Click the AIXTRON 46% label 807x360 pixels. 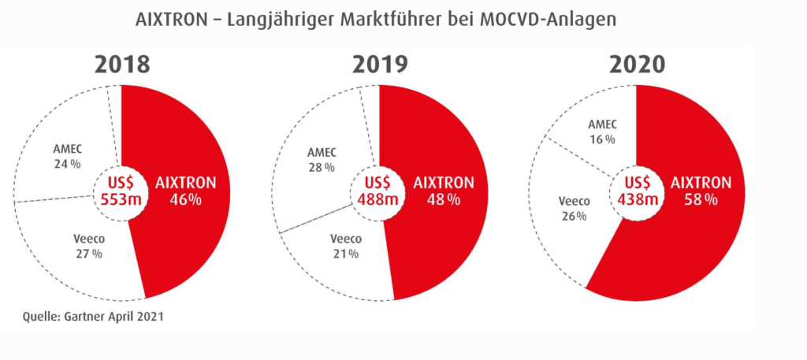click(186, 191)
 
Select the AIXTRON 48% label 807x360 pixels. click(444, 191)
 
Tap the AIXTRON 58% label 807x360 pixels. click(700, 191)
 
